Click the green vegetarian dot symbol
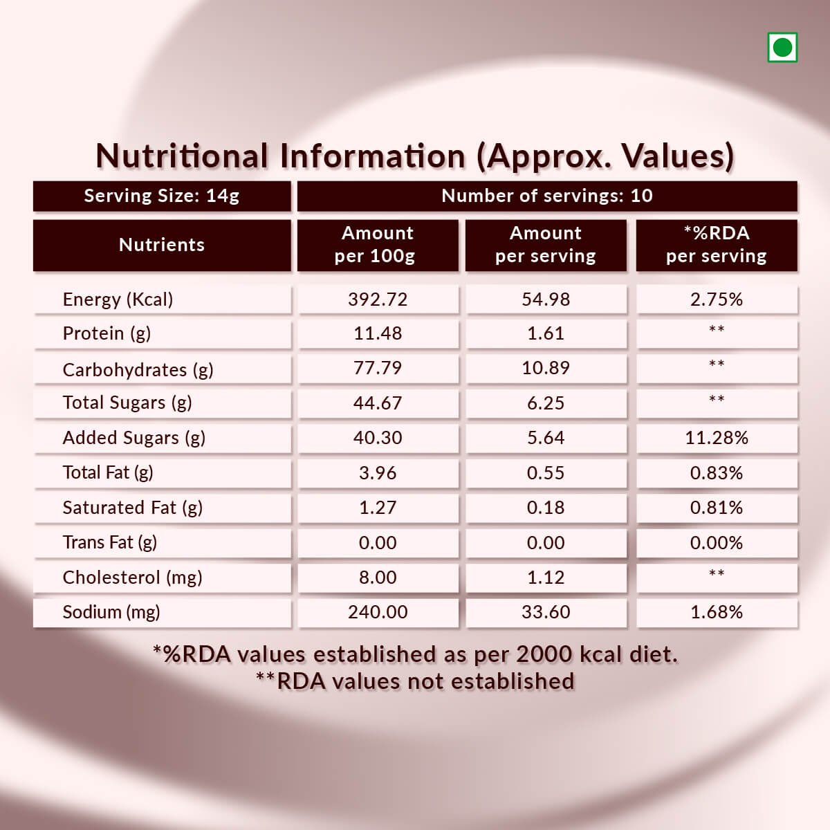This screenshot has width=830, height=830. click(x=782, y=48)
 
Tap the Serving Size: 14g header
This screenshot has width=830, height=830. click(x=162, y=196)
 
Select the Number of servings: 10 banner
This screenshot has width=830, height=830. click(x=546, y=196)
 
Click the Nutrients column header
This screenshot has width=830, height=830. click(x=162, y=245)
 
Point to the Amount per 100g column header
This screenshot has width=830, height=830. click(x=377, y=245)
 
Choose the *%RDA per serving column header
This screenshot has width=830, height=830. click(x=716, y=245)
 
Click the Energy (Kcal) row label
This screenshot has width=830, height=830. click(x=118, y=299)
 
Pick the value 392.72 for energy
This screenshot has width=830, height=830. click(x=378, y=299)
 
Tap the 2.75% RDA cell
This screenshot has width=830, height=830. click(x=716, y=299)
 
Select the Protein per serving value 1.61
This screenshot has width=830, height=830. click(x=546, y=333)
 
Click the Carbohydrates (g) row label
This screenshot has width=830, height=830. click(x=138, y=370)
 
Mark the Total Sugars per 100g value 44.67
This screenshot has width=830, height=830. click(x=378, y=403)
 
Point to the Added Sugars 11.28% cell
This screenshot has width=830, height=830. click(x=716, y=438)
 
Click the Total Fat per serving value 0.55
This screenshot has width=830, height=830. click(x=546, y=473)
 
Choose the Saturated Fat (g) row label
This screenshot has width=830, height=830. click(x=132, y=508)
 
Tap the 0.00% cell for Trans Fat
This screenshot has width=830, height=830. click(x=716, y=543)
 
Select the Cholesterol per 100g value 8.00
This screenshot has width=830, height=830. click(x=378, y=578)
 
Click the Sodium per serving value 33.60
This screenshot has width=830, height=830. click(x=546, y=612)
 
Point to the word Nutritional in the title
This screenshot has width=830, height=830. click(x=182, y=156)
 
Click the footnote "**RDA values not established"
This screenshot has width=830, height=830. click(x=415, y=681)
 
